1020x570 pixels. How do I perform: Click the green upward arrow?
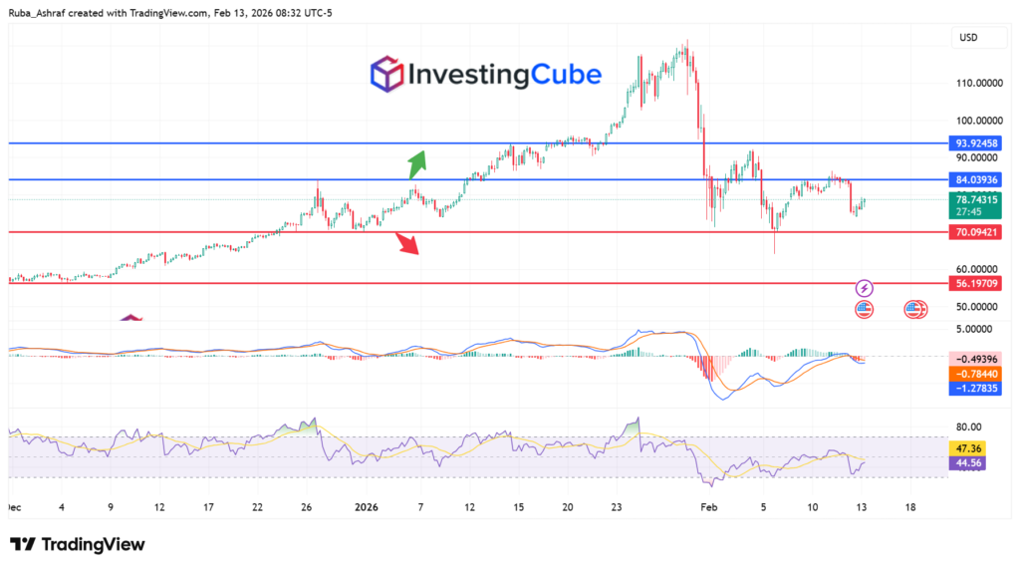(x=417, y=163)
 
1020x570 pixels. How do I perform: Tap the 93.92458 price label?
(x=978, y=143)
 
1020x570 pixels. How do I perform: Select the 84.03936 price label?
(x=978, y=180)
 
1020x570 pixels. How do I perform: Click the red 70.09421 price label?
(x=978, y=232)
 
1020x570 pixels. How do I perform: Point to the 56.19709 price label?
(x=978, y=284)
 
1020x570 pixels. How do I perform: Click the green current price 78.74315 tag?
(x=978, y=199)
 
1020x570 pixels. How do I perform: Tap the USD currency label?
(x=967, y=38)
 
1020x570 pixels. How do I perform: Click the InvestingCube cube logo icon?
(x=385, y=75)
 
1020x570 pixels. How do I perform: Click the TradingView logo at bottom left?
(x=78, y=544)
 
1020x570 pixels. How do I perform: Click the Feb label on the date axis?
(x=709, y=507)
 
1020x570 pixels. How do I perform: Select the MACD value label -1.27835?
(x=978, y=390)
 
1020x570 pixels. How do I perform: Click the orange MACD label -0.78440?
(x=978, y=374)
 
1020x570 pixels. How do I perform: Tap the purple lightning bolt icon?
(x=865, y=287)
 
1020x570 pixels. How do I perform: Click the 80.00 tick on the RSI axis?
(x=967, y=427)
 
